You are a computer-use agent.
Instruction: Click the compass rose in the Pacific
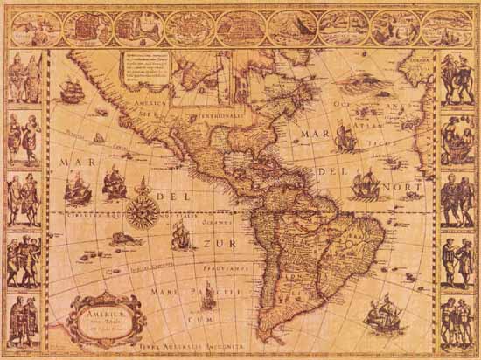click(141, 210)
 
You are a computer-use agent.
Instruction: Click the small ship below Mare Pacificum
click(208, 298)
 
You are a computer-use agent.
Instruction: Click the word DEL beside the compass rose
click(180, 197)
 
